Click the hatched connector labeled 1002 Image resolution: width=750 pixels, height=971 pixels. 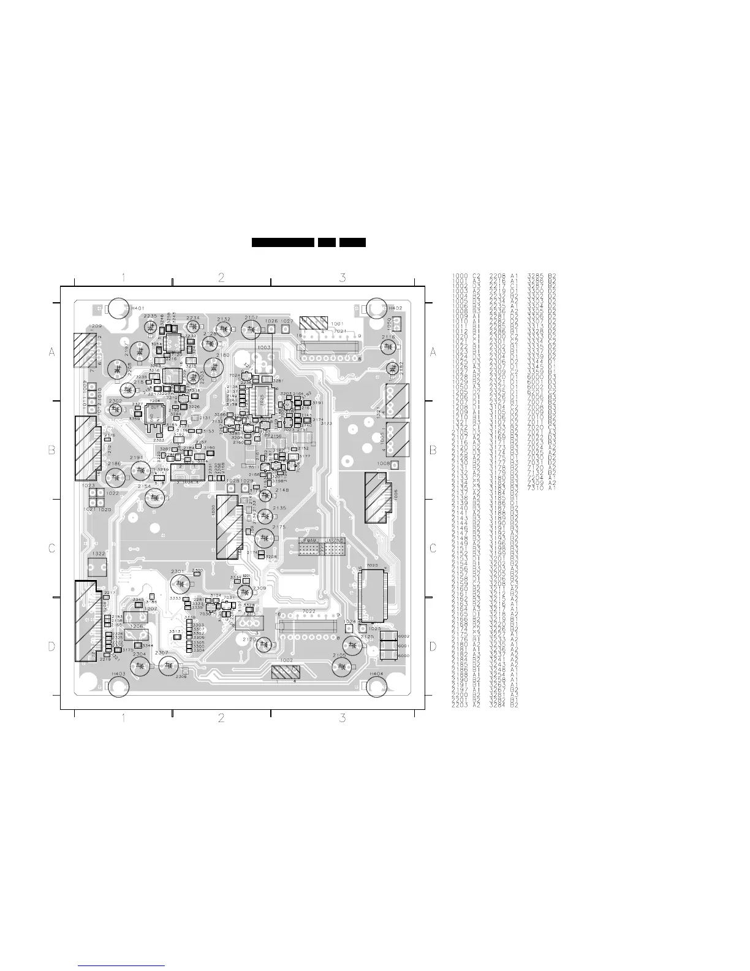pyautogui.click(x=286, y=672)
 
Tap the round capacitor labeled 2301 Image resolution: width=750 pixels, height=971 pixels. pyautogui.click(x=178, y=582)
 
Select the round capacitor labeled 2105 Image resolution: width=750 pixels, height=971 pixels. pyautogui.click(x=353, y=645)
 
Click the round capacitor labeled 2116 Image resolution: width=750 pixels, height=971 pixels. pyautogui.click(x=387, y=347)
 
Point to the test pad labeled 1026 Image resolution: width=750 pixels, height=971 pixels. pyautogui.click(x=271, y=329)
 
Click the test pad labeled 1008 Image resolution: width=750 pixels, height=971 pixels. pyautogui.click(x=395, y=465)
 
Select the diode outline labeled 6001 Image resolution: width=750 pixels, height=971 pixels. pyautogui.click(x=388, y=646)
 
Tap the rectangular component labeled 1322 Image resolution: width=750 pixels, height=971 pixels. pyautogui.click(x=97, y=565)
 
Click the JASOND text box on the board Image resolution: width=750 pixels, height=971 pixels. pyautogui.click(x=335, y=541)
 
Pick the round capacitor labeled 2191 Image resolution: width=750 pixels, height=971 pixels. pyautogui.click(x=141, y=470)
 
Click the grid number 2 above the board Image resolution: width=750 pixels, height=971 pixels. pyautogui.click(x=221, y=278)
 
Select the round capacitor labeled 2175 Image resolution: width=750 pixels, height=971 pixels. pyautogui.click(x=264, y=538)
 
